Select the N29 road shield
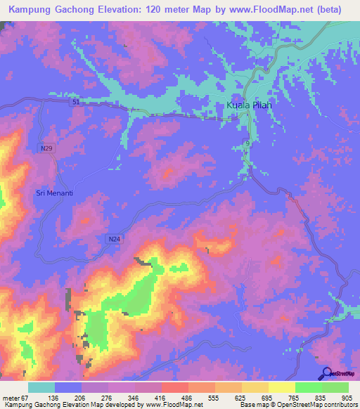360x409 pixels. coord(46,148)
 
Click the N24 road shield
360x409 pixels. coord(115,240)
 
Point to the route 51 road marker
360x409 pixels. coord(76,103)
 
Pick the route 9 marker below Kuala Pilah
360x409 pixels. coord(247,143)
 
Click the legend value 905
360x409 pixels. coord(347,397)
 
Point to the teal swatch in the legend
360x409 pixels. coord(41,387)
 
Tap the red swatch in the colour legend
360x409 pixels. coord(174,387)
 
